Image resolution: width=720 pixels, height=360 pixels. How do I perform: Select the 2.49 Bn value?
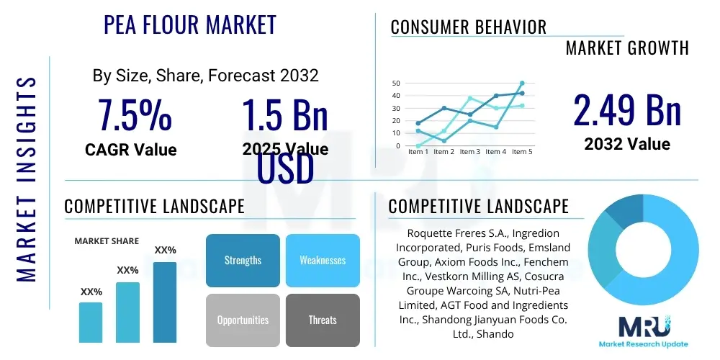(x=627, y=109)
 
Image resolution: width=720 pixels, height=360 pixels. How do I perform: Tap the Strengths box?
(x=243, y=261)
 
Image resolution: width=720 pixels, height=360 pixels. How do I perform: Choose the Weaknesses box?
(x=323, y=261)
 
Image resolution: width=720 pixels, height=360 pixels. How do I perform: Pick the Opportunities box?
(x=243, y=320)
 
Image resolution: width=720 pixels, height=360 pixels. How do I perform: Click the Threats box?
(x=323, y=320)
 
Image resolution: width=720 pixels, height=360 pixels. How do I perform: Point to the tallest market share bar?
(x=165, y=302)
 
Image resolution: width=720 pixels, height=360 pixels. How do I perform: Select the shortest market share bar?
(x=91, y=323)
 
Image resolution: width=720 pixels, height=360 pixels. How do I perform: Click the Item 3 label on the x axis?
(x=469, y=151)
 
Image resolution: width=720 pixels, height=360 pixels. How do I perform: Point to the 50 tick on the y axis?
(x=396, y=83)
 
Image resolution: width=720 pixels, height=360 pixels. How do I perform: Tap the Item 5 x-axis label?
(x=522, y=151)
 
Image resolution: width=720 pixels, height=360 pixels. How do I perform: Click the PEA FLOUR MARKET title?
(x=189, y=24)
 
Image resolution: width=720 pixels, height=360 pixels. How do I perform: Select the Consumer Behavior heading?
(x=469, y=27)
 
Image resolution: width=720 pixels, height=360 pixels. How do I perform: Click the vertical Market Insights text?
(x=26, y=179)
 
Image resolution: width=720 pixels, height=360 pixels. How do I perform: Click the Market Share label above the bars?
(x=107, y=241)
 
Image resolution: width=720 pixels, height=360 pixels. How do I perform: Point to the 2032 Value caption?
(x=627, y=144)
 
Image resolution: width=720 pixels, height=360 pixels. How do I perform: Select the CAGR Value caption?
(x=131, y=150)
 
